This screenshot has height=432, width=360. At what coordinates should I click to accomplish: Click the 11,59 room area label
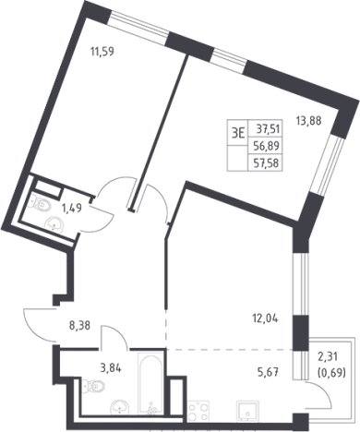(102, 52)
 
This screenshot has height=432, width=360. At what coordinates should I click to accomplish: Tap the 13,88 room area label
(308, 121)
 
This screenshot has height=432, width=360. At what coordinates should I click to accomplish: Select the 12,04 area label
(265, 319)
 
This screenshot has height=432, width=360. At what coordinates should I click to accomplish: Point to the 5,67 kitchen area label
(269, 373)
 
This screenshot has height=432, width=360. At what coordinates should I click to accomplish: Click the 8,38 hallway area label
(79, 326)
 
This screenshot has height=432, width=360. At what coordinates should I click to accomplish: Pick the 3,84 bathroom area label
(110, 367)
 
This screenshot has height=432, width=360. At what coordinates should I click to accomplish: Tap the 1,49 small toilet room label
(72, 209)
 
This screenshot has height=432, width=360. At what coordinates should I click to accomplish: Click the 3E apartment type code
(238, 134)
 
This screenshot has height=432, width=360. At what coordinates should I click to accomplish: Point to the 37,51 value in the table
(268, 129)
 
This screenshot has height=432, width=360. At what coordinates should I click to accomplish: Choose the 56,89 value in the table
(266, 146)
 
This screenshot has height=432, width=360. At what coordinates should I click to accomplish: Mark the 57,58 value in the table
(266, 162)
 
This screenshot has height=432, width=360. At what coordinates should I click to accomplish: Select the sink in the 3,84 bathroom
(120, 406)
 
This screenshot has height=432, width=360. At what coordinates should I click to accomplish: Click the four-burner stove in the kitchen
(198, 411)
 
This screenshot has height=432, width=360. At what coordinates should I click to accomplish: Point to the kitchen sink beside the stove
(246, 411)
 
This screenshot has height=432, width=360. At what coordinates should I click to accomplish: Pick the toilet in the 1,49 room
(41, 204)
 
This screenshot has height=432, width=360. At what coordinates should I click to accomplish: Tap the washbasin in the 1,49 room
(54, 223)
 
